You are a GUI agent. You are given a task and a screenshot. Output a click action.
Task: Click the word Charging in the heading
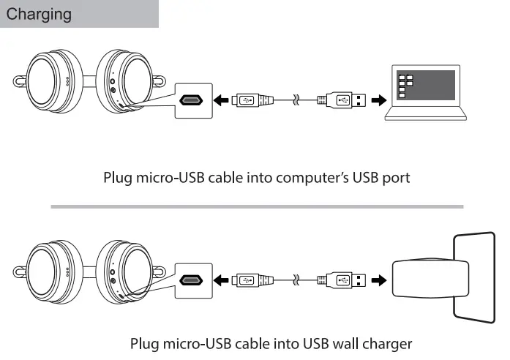40,14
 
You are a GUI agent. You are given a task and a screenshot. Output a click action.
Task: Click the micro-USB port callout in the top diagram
192,100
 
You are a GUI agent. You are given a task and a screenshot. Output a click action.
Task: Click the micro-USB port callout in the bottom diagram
192,280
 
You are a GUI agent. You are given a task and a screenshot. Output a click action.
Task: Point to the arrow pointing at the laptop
378,100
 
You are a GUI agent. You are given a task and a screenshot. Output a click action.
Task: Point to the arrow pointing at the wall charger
378,280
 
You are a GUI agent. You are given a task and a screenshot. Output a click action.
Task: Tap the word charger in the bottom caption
386,343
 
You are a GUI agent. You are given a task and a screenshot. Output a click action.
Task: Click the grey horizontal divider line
256,207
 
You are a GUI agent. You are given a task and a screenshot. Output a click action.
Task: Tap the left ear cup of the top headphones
48,82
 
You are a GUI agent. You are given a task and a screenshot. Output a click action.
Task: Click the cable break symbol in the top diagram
296,100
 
